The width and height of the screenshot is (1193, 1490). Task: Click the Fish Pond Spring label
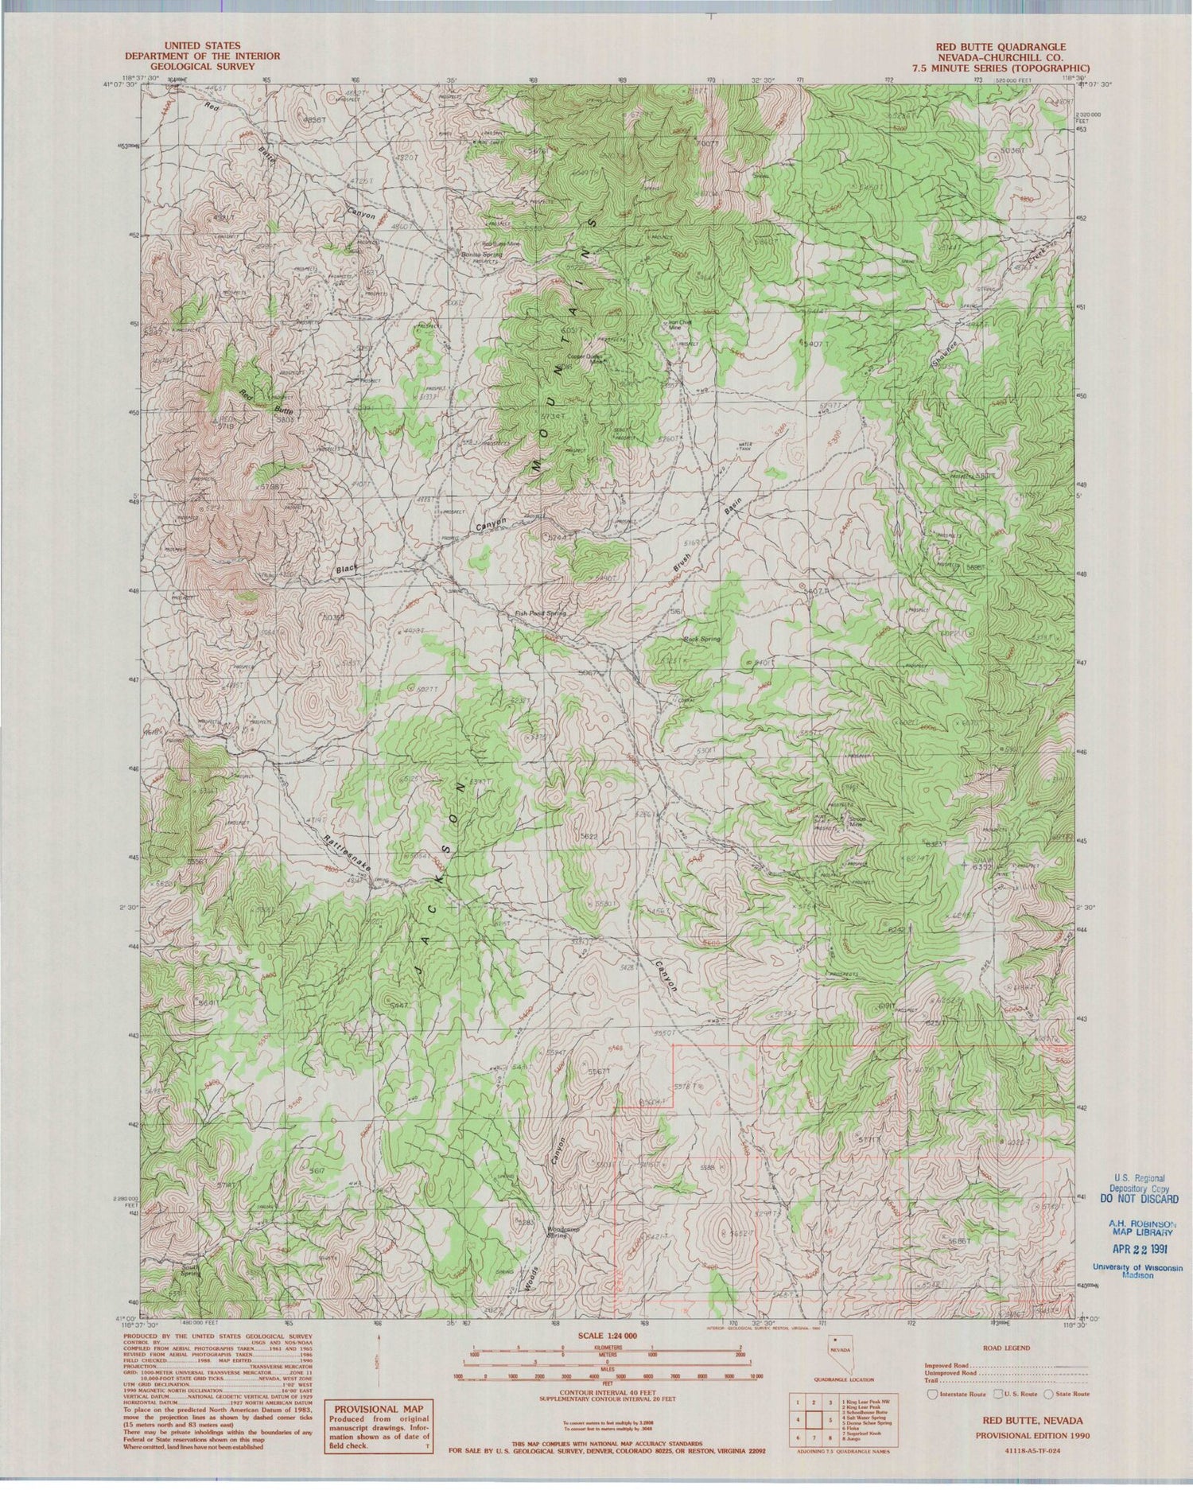540,613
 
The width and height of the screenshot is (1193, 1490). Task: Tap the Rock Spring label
701,639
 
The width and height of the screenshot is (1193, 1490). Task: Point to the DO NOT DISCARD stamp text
1139,1199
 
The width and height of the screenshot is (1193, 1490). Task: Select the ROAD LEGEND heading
1006,1348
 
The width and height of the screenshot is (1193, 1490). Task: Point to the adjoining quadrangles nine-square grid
813,1418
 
